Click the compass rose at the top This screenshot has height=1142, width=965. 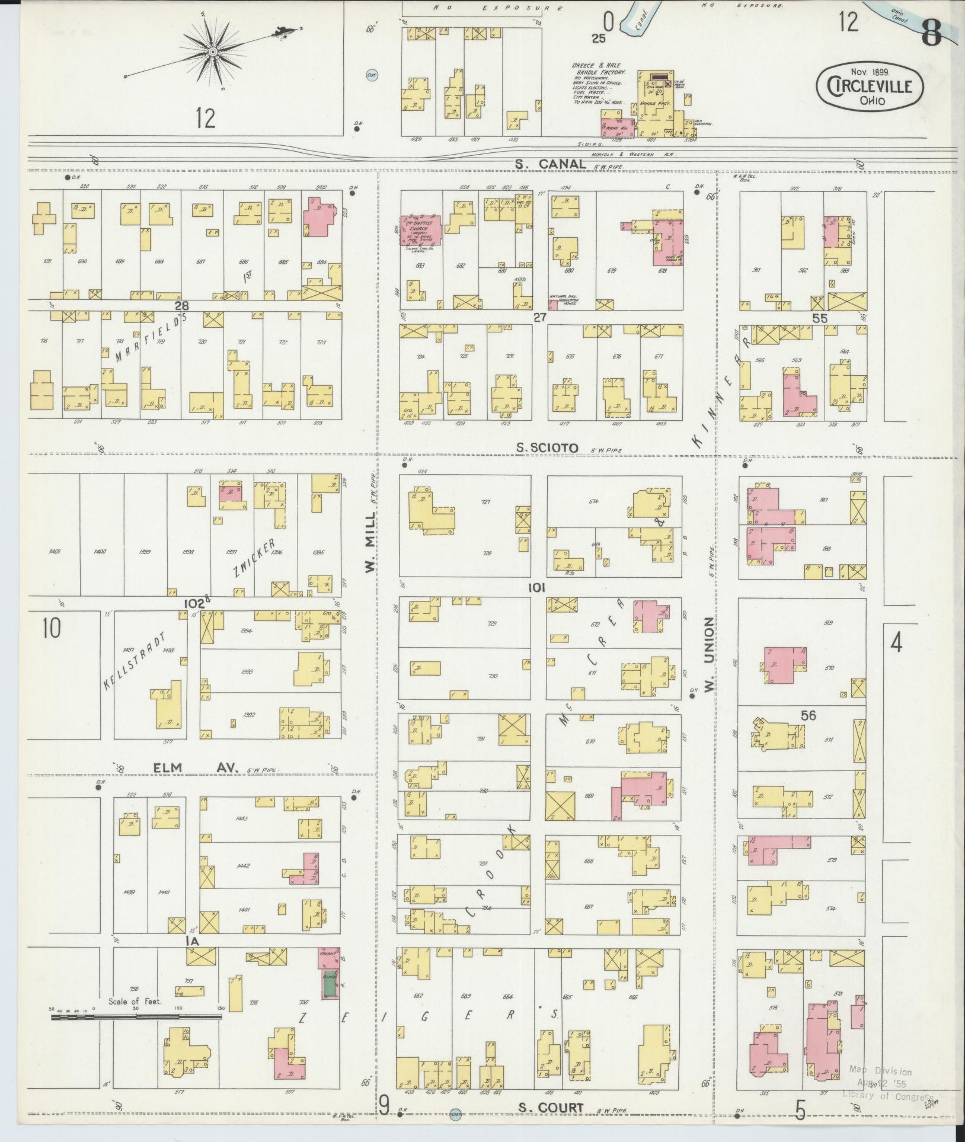(x=212, y=52)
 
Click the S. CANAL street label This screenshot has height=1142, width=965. (x=551, y=164)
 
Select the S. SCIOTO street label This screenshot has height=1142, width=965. (x=547, y=449)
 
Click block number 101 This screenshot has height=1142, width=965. (x=537, y=587)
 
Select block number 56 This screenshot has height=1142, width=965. (x=808, y=715)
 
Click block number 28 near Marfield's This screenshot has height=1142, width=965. (x=181, y=305)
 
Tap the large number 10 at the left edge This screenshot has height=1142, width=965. (x=52, y=628)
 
